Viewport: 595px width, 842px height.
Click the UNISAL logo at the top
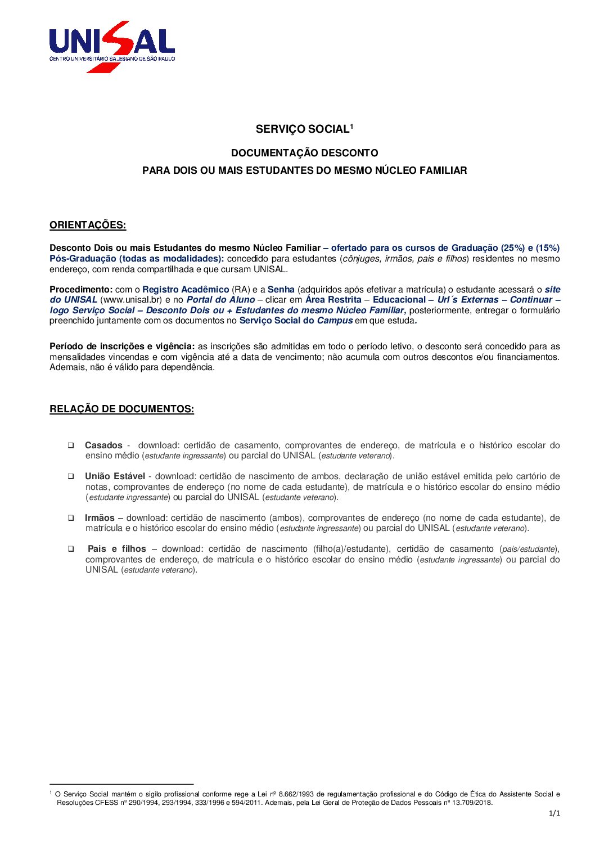coord(112,46)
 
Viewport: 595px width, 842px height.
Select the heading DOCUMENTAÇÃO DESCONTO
coord(304,153)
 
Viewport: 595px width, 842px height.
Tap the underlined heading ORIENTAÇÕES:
coord(88,225)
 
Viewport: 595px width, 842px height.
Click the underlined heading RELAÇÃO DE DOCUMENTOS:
coord(121,409)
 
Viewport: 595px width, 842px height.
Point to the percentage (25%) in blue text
coord(512,248)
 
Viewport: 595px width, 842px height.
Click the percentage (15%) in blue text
coord(547,248)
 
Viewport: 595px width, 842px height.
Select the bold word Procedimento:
coord(81,290)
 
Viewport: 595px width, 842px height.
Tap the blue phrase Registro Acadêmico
coord(186,290)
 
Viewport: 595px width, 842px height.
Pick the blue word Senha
coord(281,290)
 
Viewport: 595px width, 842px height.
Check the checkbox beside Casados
coord(71,445)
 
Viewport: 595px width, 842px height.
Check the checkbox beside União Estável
coord(71,476)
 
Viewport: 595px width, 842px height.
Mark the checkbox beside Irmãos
coord(71,518)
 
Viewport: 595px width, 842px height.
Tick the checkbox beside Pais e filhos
coord(71,549)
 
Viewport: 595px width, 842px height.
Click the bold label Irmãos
coord(100,518)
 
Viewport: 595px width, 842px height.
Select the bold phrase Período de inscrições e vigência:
coord(122,346)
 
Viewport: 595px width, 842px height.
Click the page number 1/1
coord(555,813)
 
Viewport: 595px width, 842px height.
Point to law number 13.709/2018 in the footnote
coord(472,803)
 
